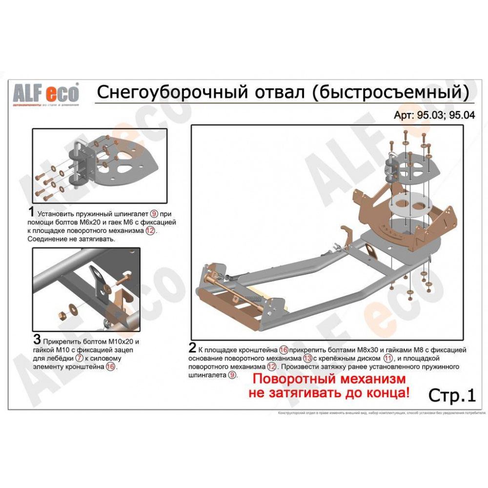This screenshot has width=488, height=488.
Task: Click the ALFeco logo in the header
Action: point(45,93)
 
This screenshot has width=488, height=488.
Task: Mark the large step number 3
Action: point(37,340)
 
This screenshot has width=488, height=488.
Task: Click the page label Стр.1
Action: point(451,395)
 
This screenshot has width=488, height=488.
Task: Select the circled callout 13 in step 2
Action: point(307,358)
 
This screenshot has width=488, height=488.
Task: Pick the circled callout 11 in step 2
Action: point(388,358)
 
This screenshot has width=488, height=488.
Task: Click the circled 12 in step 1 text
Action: point(150,231)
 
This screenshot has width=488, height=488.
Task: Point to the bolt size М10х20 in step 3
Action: point(114,341)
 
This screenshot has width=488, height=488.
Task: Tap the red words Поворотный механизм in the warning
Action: point(329,379)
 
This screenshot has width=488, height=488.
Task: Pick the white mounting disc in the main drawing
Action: point(414,204)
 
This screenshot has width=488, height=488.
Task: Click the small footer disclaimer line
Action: point(381,413)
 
